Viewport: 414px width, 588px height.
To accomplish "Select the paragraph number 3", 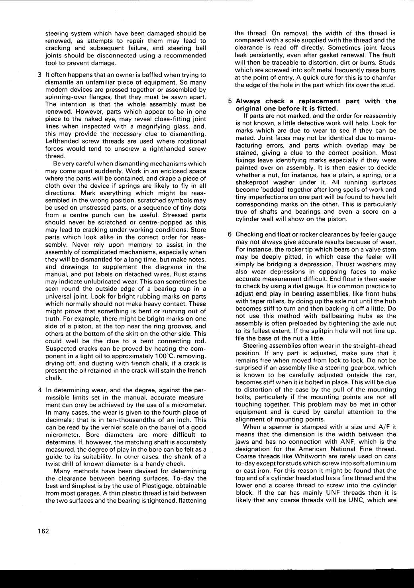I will click(x=40, y=75).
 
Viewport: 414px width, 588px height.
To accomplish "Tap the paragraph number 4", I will click(x=40, y=390).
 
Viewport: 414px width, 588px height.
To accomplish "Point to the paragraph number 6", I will click(x=230, y=234).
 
